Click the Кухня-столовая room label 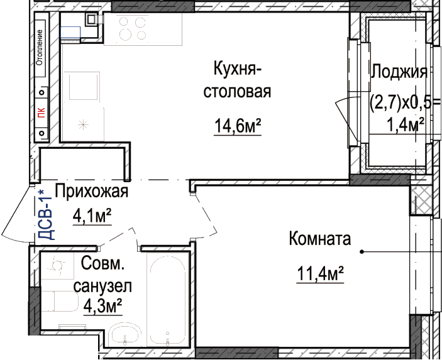pyautogui.click(x=238, y=80)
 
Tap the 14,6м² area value pyautogui.click(x=238, y=126)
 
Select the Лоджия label pyautogui.click(x=399, y=72)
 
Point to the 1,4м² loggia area pyautogui.click(x=406, y=124)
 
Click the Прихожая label pyautogui.click(x=92, y=192)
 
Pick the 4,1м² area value pyautogui.click(x=92, y=216)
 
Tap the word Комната pyautogui.click(x=320, y=239)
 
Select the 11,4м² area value pyautogui.click(x=321, y=273)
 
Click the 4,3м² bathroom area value pyautogui.click(x=102, y=306)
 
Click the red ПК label pyautogui.click(x=41, y=112)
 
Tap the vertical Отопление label pyautogui.click(x=40, y=47)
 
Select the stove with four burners pyautogui.click(x=133, y=28)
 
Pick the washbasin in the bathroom pyautogui.click(x=125, y=335)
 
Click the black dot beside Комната pyautogui.click(x=362, y=251)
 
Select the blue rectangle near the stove pyautogui.click(x=70, y=32)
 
